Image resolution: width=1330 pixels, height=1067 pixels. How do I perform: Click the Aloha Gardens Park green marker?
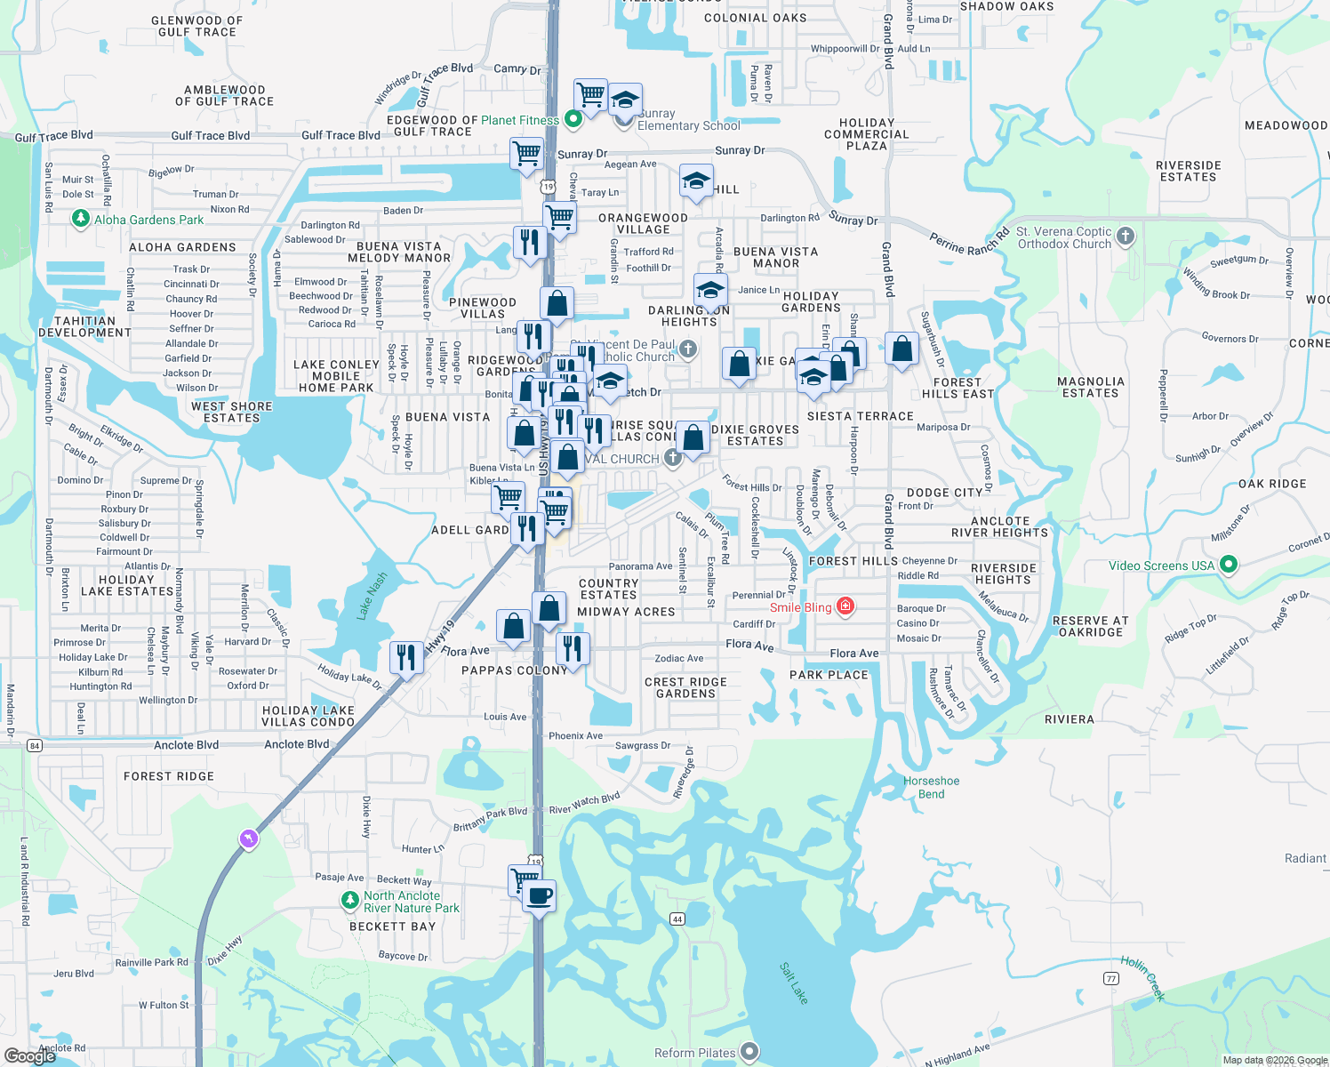pos(81,219)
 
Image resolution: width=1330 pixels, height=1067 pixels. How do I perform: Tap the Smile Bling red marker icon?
pos(845,607)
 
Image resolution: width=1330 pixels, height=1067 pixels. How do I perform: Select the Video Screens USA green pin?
pos(1229,565)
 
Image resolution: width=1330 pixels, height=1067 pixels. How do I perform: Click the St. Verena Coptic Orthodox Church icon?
pos(1126,237)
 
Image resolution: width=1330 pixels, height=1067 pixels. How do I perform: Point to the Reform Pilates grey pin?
pos(749,1053)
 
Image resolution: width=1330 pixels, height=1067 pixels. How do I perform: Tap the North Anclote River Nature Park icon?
pos(350,901)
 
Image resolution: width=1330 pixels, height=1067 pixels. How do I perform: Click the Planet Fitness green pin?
pos(573,118)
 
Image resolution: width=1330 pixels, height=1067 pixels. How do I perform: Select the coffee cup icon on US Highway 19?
pos(538,895)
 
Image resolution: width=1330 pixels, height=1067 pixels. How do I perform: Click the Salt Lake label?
pos(794,983)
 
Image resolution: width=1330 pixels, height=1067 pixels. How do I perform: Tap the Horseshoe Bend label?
pos(932,787)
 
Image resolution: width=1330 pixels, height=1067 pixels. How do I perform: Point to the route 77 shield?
pos(1110,978)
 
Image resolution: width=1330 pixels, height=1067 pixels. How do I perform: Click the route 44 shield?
pos(677,919)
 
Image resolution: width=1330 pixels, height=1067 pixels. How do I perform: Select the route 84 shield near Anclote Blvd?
pos(35,745)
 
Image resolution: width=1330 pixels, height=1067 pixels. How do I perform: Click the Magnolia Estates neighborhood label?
pos(1091,387)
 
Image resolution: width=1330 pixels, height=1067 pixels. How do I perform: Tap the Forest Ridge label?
pos(169,776)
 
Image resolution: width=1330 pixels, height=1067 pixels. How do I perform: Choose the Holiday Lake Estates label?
pos(127,585)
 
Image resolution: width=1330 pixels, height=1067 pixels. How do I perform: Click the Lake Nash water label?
pos(372,596)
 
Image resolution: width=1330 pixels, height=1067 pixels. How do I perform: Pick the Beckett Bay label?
pos(392,927)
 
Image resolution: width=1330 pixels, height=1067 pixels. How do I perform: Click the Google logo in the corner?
pos(30,1056)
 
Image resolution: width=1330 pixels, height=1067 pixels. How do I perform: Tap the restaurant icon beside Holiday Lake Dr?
pos(406,658)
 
